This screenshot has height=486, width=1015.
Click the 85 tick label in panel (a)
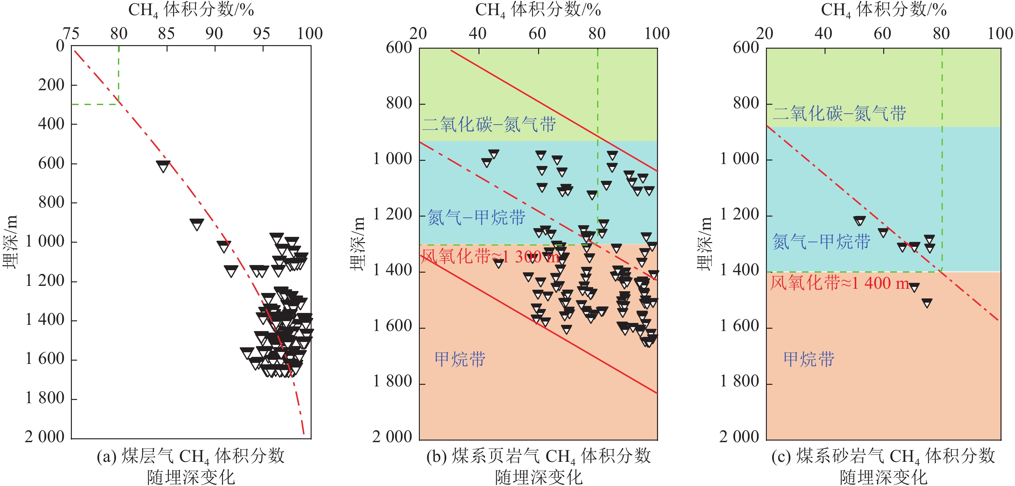[x=166, y=34]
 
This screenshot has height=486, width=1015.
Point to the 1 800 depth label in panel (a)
[x=44, y=398]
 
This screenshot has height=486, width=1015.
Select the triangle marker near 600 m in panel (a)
[x=163, y=166]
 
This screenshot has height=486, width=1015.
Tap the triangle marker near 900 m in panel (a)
[x=197, y=224]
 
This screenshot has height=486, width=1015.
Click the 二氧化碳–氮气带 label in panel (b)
[x=489, y=124]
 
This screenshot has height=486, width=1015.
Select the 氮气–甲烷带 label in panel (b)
[x=476, y=218]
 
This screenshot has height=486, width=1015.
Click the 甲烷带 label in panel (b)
[x=460, y=359]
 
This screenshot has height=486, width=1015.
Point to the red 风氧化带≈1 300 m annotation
[x=490, y=257]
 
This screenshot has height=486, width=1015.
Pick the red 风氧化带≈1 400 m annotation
[x=840, y=283]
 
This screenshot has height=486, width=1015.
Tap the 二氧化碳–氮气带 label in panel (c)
[x=839, y=113]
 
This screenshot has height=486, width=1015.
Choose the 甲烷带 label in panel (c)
[x=808, y=359]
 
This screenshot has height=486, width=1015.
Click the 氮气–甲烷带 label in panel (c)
[x=821, y=242]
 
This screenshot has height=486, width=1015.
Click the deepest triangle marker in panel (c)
[x=927, y=303]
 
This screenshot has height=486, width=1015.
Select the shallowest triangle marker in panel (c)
[x=859, y=221]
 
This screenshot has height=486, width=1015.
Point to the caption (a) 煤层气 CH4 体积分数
[x=191, y=456]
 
